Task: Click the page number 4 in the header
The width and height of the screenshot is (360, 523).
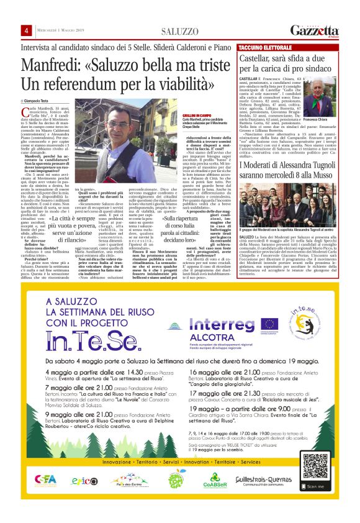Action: coord(27,31)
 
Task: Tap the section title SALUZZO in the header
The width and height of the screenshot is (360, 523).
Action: coord(179,31)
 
